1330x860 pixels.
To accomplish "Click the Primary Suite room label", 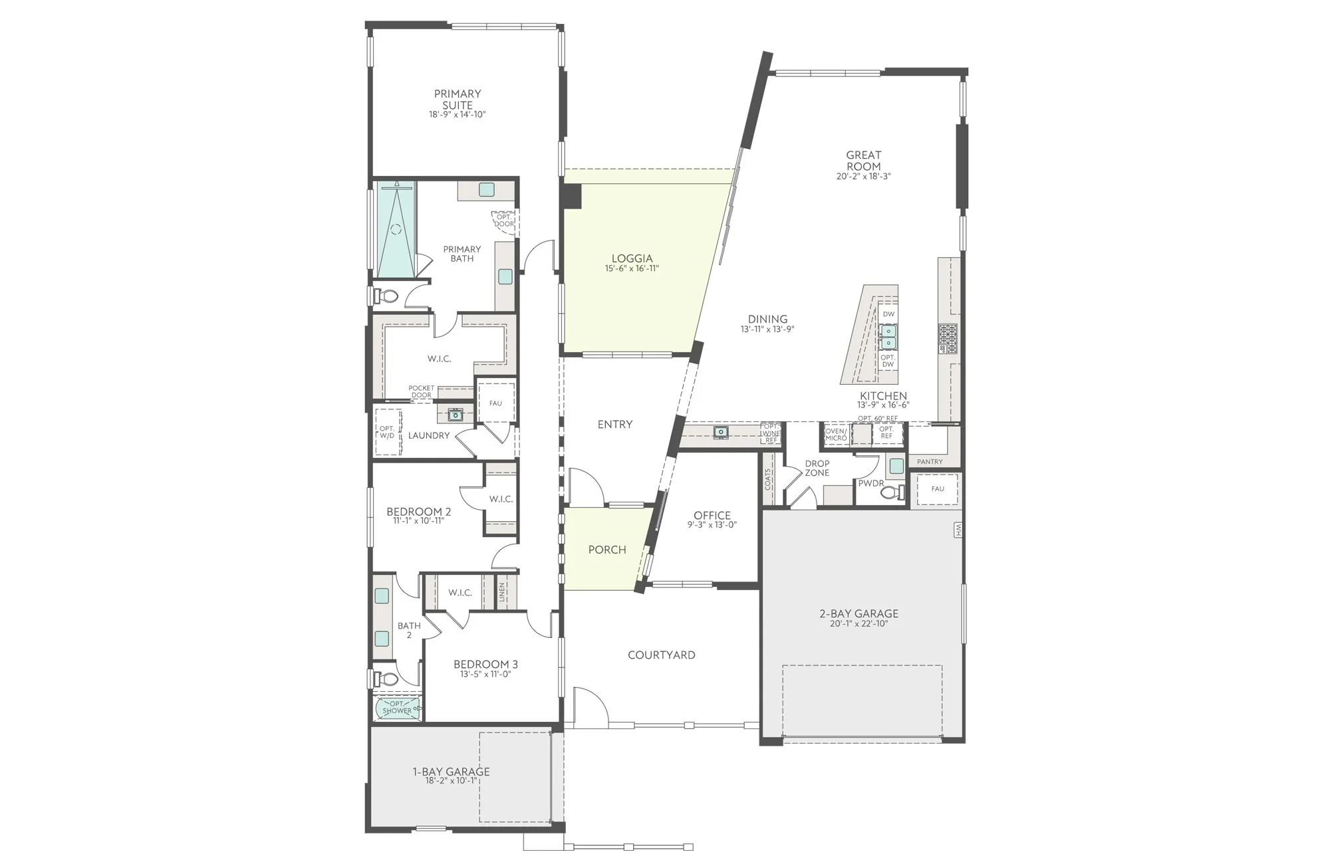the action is [458, 99].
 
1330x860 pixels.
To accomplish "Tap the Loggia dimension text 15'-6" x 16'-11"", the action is [632, 269].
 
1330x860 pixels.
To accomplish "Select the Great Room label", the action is [863, 161].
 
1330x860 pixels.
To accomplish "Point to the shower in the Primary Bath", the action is [396, 229].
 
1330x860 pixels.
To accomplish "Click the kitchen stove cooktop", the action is [948, 338].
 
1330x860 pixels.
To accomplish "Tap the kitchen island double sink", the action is [888, 337].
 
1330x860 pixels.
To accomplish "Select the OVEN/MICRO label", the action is [835, 435].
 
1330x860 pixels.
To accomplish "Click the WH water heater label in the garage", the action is [958, 530].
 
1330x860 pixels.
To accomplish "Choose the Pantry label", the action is [930, 462].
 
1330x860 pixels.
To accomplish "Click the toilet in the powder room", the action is [899, 492].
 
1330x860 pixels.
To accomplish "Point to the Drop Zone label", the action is [817, 469].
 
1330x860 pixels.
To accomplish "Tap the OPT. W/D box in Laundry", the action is [388, 432].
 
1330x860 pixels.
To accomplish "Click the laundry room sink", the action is [456, 415].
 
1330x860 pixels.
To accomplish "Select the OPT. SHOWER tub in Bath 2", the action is [398, 708].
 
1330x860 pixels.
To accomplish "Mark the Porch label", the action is [607, 550].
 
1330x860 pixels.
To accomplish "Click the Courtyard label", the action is [662, 655].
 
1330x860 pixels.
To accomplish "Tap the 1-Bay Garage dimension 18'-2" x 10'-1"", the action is [452, 781].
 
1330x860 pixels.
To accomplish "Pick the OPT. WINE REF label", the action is [771, 433].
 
